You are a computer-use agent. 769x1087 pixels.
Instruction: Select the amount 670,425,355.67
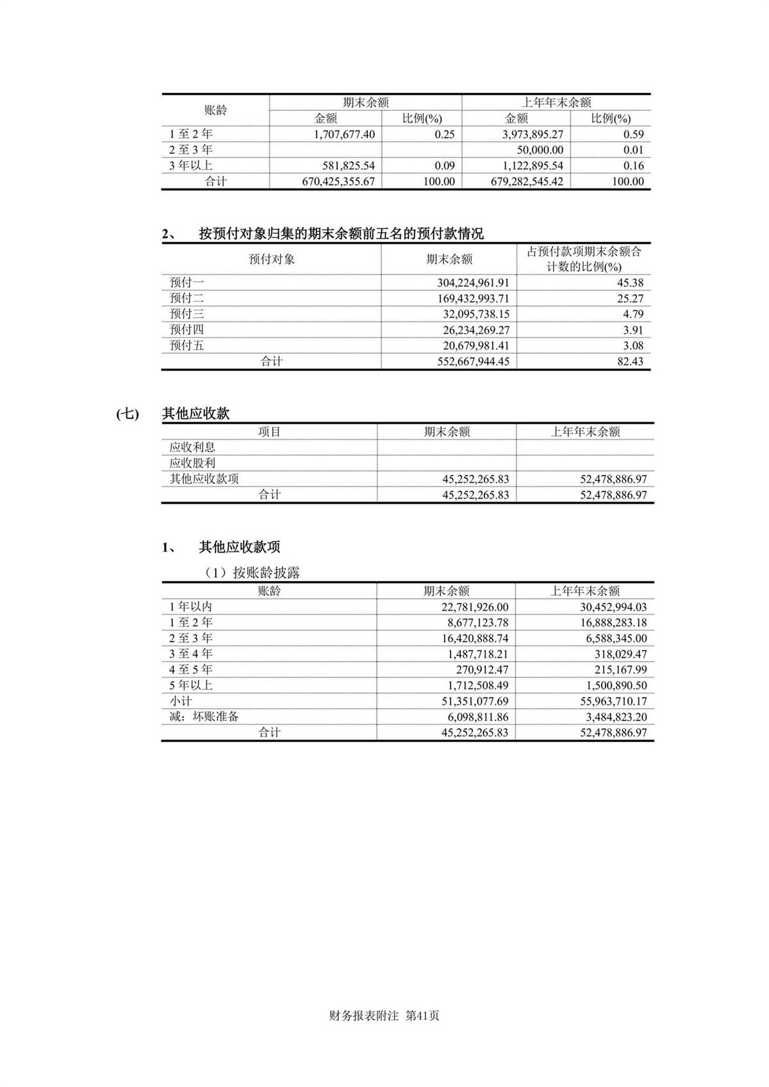(x=338, y=182)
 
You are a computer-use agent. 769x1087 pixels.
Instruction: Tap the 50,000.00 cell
(x=540, y=150)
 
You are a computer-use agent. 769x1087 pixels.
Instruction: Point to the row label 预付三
(x=186, y=314)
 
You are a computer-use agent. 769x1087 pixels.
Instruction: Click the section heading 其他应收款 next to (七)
(x=195, y=414)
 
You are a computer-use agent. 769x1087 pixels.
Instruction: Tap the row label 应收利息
(x=192, y=447)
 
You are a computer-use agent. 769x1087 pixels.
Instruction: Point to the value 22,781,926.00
(x=474, y=607)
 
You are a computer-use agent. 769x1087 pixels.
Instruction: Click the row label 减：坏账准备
(x=204, y=717)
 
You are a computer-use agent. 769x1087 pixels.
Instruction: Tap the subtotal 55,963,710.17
(x=613, y=702)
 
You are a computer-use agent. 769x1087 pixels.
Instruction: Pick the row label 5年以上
(x=190, y=686)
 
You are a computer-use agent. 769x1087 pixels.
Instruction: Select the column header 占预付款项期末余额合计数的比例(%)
(x=584, y=259)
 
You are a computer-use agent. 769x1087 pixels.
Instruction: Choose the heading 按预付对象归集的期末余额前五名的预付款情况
(x=341, y=235)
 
